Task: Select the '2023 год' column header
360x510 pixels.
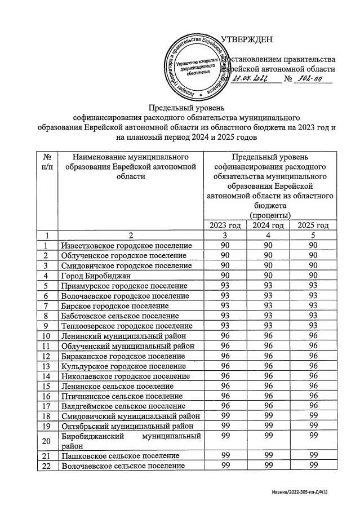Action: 225,225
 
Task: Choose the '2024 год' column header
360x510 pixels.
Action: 268,225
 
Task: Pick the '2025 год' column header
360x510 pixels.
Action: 312,225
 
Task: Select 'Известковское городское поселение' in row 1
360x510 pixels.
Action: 127,246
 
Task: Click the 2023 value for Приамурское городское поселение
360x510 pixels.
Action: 225,286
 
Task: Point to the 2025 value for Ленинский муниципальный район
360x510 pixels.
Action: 312,336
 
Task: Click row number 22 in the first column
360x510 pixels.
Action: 48,466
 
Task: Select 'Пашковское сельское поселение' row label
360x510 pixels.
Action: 121,455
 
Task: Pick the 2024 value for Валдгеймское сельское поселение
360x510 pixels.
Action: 268,405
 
